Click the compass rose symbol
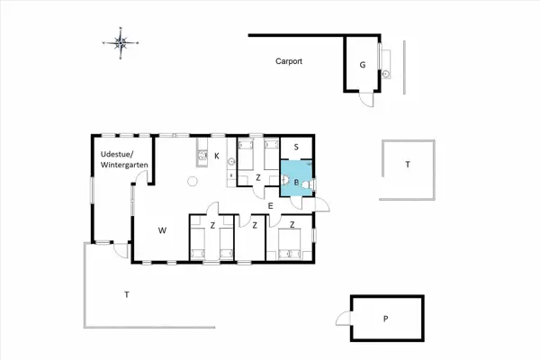point(121,43)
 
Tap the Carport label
point(289,61)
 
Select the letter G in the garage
point(363,65)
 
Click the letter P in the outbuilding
point(386,319)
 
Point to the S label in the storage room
point(296,147)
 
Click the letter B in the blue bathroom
point(296,183)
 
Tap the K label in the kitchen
point(217,156)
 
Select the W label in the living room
point(162,230)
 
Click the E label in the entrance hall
point(270,206)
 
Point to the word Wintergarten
point(124,165)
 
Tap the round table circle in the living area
point(193,181)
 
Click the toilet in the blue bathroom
point(307,185)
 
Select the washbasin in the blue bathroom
point(285,180)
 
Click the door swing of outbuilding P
point(344,318)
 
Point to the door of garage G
point(366,99)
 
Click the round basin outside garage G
point(386,74)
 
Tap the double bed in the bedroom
point(289,244)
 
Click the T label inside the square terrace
point(408,165)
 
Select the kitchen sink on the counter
point(202,155)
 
